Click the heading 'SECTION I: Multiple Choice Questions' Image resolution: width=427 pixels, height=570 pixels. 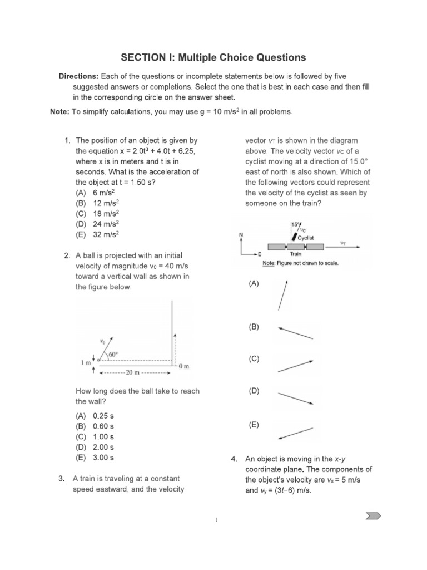(213, 57)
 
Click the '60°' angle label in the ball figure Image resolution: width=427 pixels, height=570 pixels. (115, 354)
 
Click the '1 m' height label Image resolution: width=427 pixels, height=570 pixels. (87, 363)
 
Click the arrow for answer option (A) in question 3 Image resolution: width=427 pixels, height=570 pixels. (283, 295)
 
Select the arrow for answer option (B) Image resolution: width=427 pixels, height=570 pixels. (295, 333)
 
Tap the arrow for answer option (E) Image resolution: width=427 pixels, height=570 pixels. (295, 432)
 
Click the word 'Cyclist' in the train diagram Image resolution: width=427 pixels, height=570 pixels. (306, 237)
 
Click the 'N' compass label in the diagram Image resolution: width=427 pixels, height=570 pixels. (241, 235)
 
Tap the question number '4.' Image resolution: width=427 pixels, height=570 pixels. (234, 459)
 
